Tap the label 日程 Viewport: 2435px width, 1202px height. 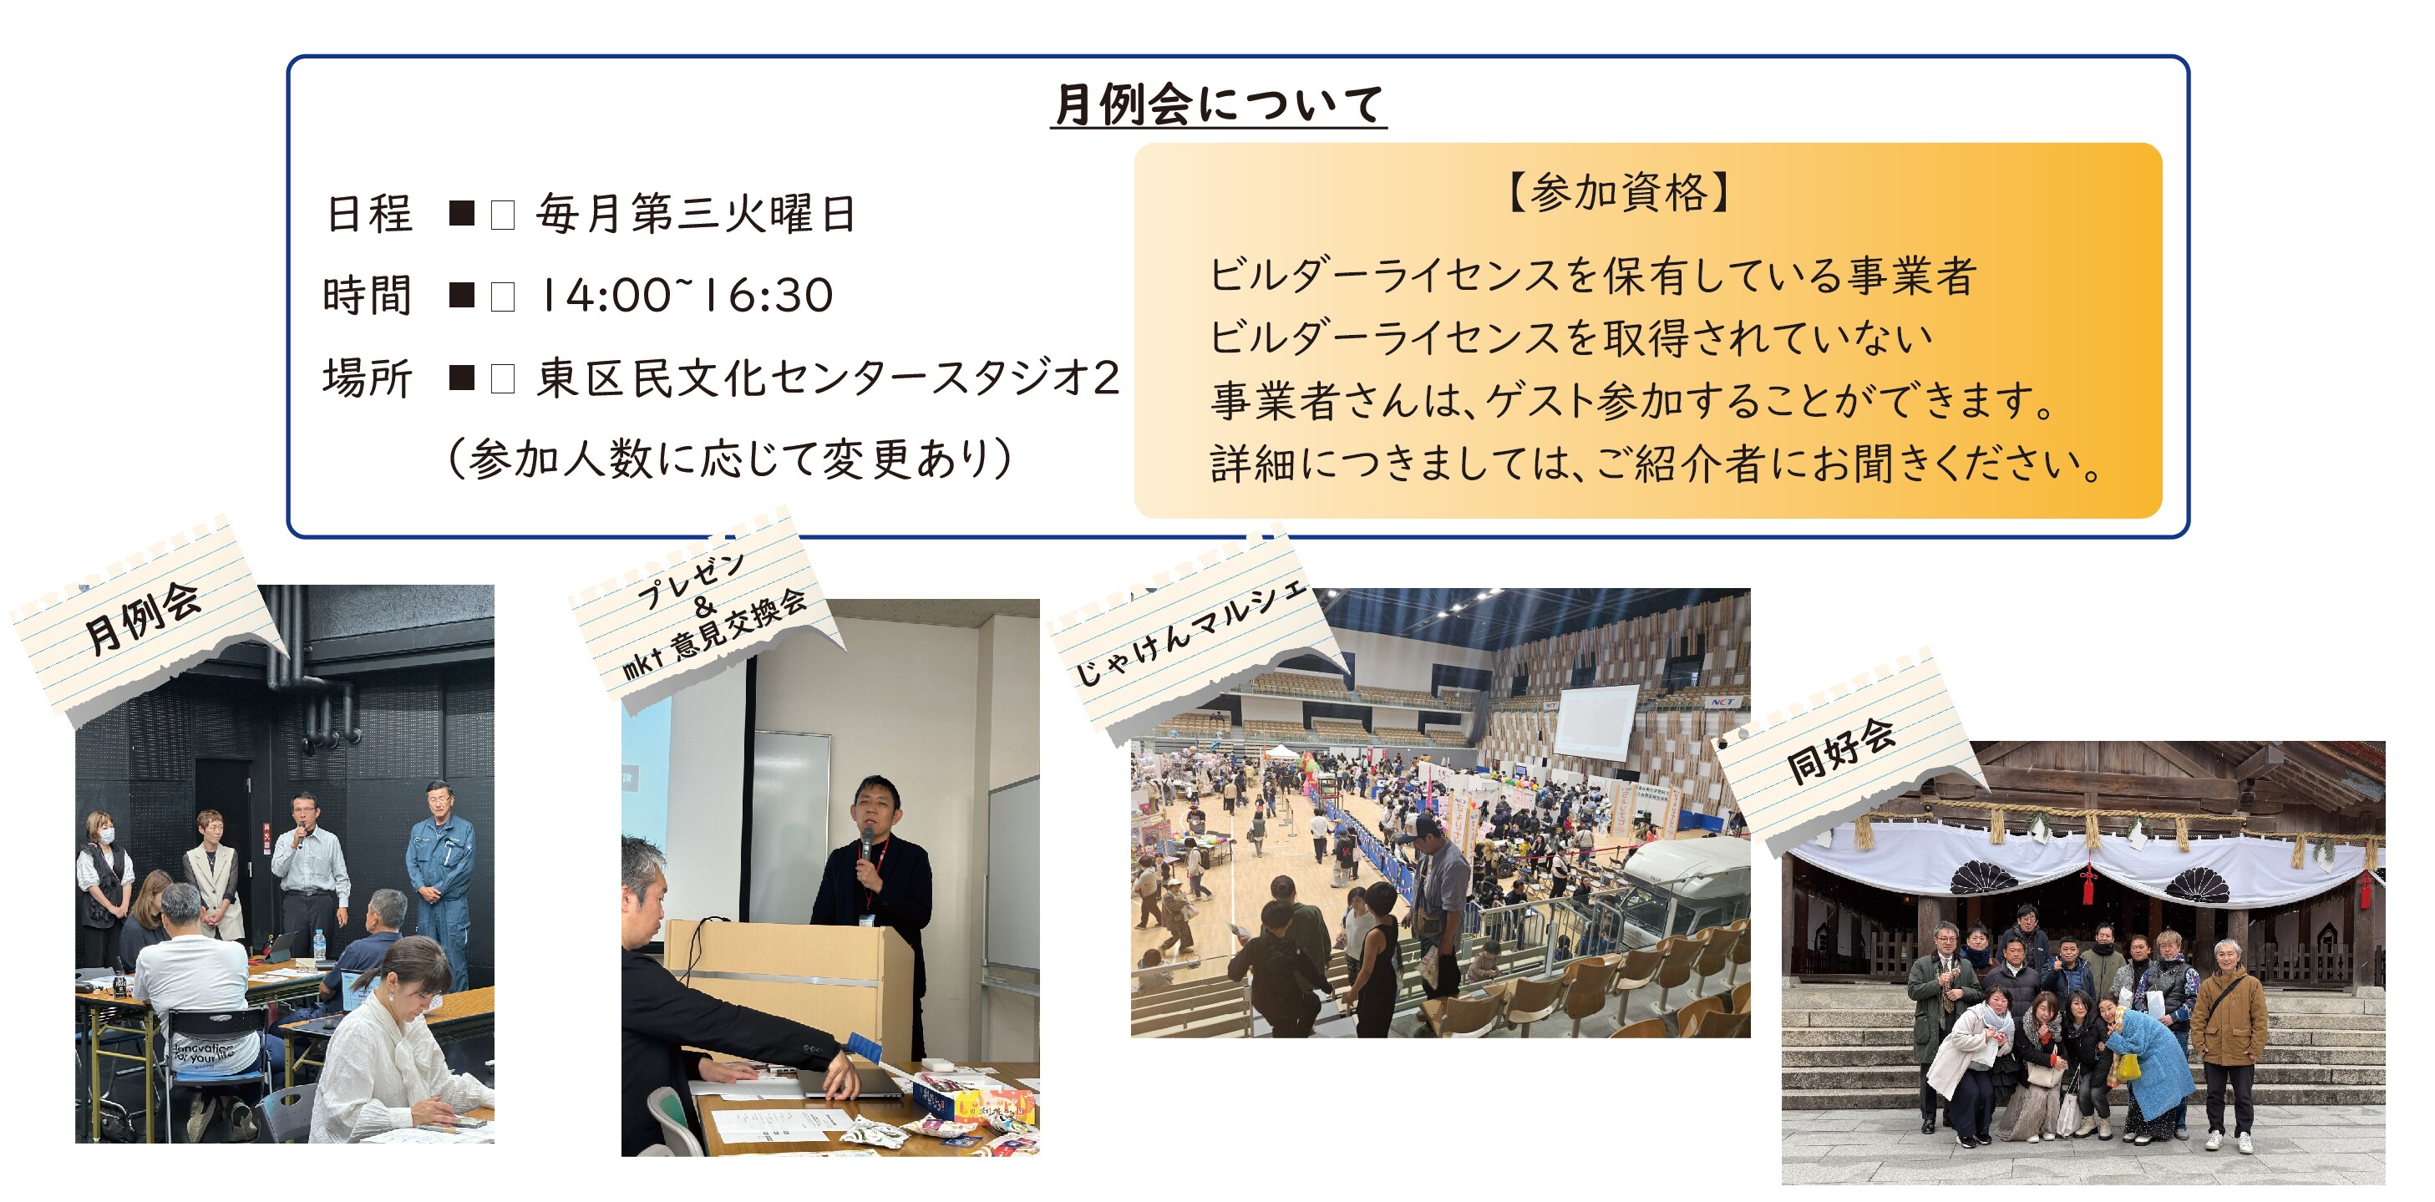pyautogui.click(x=368, y=214)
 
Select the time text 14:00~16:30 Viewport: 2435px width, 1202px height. pyautogui.click(x=685, y=295)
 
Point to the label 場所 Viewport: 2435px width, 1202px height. pyautogui.click(x=368, y=378)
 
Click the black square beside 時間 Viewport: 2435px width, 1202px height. pyautogui.click(x=461, y=296)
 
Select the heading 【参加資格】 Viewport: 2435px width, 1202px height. pyautogui.click(x=1618, y=193)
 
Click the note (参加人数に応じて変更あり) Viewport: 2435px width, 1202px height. pyautogui.click(x=728, y=459)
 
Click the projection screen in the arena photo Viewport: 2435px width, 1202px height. pyautogui.click(x=1596, y=722)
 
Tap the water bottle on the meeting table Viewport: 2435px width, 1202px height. pyautogui.click(x=319, y=944)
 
